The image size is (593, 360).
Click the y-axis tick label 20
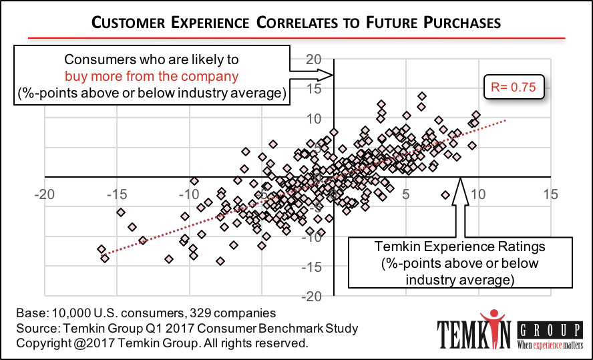click(x=314, y=59)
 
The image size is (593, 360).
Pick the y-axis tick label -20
click(x=314, y=297)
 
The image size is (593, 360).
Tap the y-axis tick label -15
click(x=314, y=267)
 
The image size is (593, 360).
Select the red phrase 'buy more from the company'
click(x=152, y=76)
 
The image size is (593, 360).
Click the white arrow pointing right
click(x=310, y=75)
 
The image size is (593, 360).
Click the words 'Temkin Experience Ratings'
click(x=459, y=247)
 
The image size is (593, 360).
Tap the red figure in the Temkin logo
click(x=494, y=327)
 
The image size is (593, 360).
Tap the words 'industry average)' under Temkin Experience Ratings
click(x=459, y=279)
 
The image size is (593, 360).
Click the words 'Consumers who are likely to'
click(x=151, y=59)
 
